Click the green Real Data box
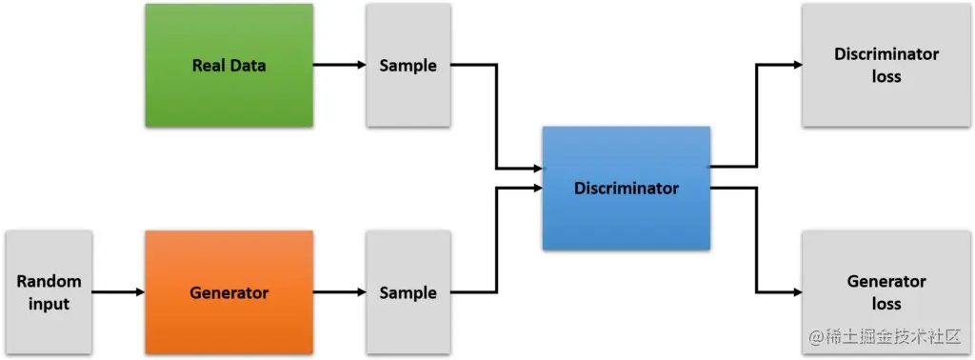point(229,66)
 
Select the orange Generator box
point(229,292)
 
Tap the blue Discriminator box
point(627,188)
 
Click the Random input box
point(50,292)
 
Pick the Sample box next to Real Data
point(408,66)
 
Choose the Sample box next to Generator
point(408,292)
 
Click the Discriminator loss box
point(885,66)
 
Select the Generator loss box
point(885,292)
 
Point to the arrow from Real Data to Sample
point(340,66)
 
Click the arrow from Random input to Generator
point(118,292)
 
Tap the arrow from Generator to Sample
point(340,292)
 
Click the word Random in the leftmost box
point(50,282)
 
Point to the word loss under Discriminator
point(885,76)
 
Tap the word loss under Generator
point(885,304)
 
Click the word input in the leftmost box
point(50,304)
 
